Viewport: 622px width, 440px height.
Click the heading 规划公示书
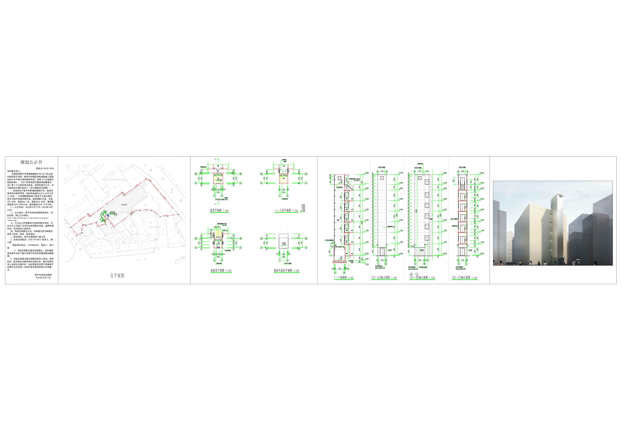point(31,162)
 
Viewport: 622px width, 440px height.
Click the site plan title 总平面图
point(117,276)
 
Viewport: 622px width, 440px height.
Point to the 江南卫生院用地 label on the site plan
point(154,227)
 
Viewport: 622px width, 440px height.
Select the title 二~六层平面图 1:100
point(286,211)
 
